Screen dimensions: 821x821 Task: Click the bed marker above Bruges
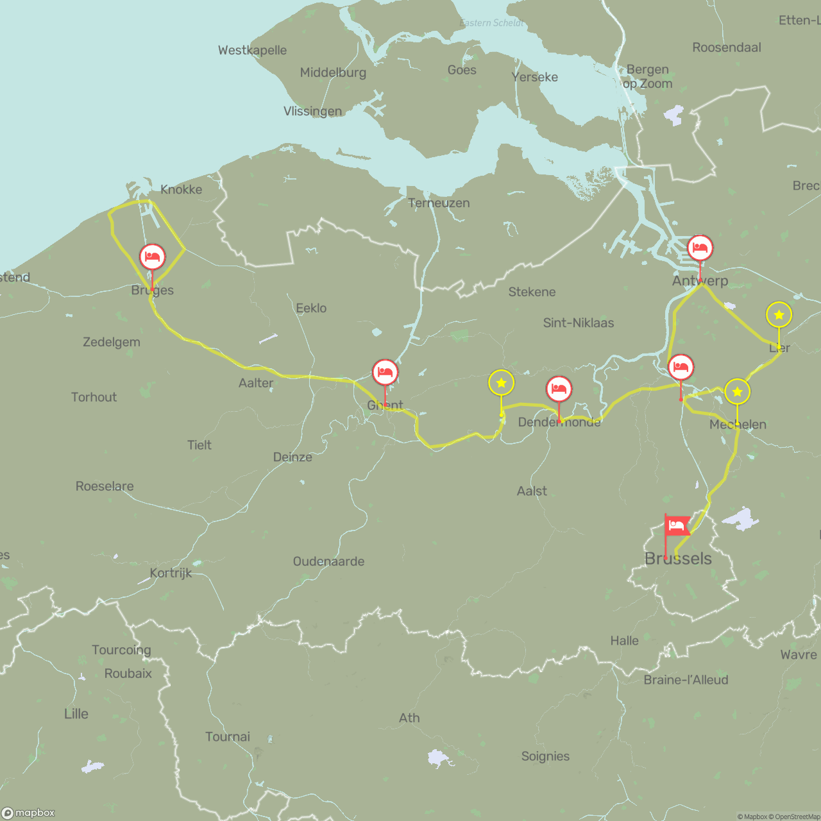152,257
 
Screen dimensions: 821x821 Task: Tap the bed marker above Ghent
385,372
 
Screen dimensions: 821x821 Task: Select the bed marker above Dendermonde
559,389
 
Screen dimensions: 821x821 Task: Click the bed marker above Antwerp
700,248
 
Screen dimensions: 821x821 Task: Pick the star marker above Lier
779,315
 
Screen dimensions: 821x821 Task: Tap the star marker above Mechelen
737,391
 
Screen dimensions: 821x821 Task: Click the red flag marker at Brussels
676,526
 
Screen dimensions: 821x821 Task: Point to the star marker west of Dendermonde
501,383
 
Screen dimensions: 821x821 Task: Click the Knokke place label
181,189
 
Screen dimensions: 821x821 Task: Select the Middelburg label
333,72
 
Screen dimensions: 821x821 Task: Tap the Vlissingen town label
312,111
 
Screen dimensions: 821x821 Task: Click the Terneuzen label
439,203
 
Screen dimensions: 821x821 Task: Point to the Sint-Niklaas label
578,323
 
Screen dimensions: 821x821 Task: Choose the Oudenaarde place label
328,561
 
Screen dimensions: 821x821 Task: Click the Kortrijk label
171,573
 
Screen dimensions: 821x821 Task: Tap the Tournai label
228,736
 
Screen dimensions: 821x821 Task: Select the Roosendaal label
726,47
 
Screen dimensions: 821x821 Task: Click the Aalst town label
532,491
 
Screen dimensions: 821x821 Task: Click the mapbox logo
28,813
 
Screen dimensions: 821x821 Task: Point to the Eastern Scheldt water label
491,23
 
